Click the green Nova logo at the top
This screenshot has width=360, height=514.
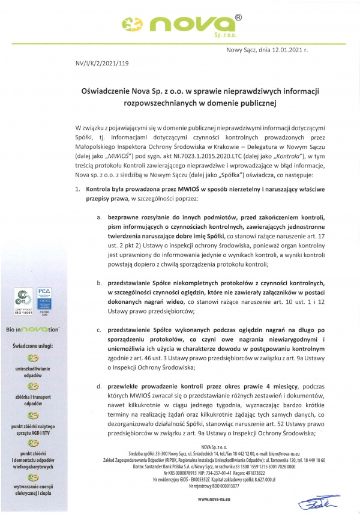[x=179, y=25]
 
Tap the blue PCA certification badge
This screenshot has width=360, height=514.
[x=45, y=300]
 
